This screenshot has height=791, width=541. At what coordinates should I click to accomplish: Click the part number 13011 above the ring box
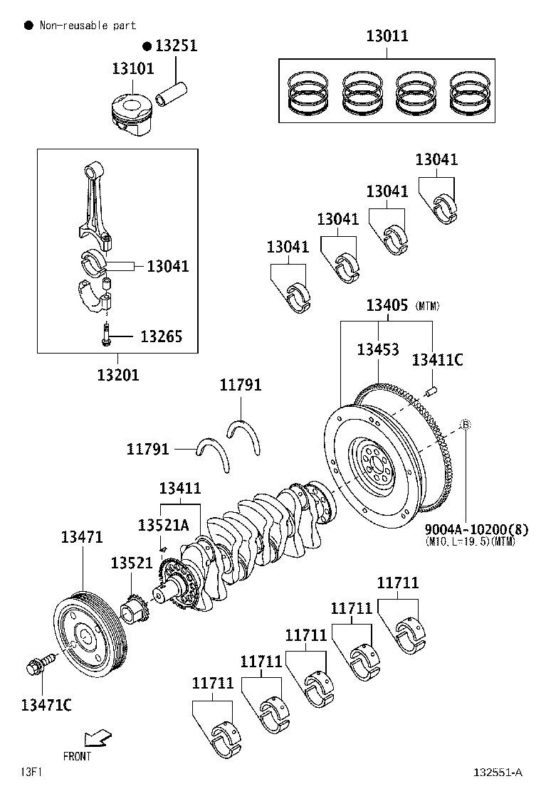387,35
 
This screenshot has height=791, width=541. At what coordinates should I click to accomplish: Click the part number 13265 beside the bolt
161,336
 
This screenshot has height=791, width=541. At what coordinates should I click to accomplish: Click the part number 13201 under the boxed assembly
118,374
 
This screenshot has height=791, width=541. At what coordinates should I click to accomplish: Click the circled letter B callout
466,425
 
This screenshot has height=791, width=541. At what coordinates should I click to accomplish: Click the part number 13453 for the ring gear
378,349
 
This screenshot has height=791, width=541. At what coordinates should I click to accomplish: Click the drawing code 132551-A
498,773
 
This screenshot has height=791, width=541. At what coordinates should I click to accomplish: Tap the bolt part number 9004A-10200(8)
477,529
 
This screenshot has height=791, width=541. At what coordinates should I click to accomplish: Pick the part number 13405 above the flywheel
387,305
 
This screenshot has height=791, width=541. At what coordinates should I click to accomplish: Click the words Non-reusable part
88,26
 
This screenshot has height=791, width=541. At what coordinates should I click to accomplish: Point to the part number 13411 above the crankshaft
179,488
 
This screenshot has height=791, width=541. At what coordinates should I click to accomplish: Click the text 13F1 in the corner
31,772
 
